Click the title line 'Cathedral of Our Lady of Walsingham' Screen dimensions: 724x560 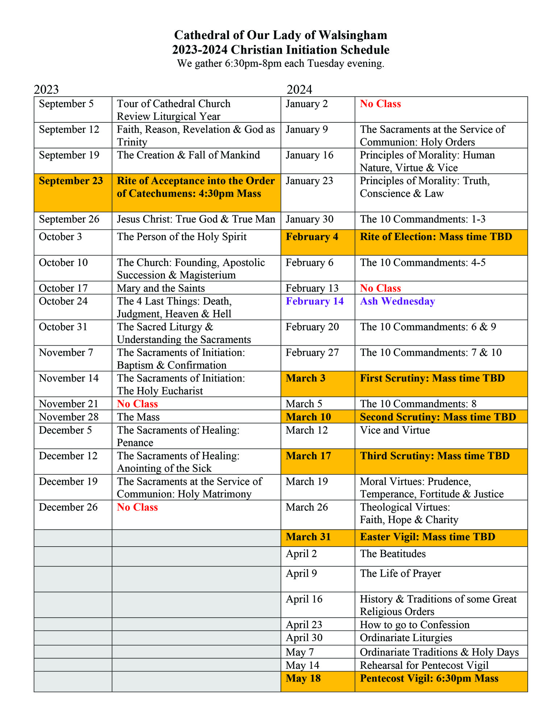pyautogui.click(x=280, y=35)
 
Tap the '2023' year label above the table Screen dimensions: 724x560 pyautogui.click(x=46, y=89)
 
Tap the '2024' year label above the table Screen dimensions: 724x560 pyautogui.click(x=299, y=89)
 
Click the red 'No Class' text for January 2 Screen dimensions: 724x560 pyautogui.click(x=380, y=104)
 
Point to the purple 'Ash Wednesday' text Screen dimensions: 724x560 pyautogui.click(x=397, y=301)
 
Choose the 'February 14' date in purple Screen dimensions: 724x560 pyautogui.click(x=315, y=301)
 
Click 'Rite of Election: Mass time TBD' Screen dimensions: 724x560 pyautogui.click(x=436, y=237)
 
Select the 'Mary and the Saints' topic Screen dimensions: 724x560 pyautogui.click(x=161, y=288)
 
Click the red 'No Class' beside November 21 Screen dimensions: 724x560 pyautogui.click(x=137, y=404)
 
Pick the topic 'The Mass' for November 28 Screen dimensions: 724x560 pyautogui.click(x=138, y=417)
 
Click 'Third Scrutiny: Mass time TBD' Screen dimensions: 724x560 pyautogui.click(x=435, y=456)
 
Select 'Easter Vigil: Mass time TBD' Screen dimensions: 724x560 pyautogui.click(x=427, y=536)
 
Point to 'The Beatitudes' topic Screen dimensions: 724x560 pyautogui.click(x=393, y=553)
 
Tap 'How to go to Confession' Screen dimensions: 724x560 pyautogui.click(x=414, y=624)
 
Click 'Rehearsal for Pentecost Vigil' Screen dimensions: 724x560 pyautogui.click(x=424, y=665)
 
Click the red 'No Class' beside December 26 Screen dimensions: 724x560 pyautogui.click(x=137, y=507)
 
